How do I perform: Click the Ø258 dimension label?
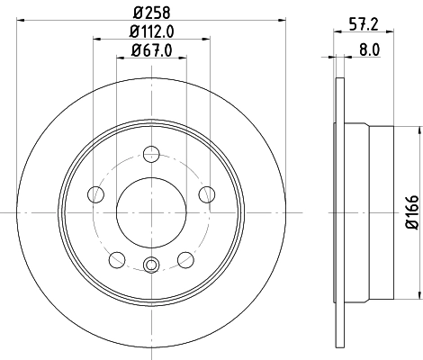(x=151, y=12)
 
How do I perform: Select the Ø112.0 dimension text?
(x=151, y=32)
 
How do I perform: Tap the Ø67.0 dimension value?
(x=151, y=51)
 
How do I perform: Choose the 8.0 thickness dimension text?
(x=368, y=51)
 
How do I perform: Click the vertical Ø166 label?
(x=409, y=213)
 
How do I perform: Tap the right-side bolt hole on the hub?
(x=207, y=193)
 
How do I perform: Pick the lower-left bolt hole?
(x=116, y=259)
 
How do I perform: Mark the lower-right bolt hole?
(x=185, y=259)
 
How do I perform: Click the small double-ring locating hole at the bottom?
(x=151, y=265)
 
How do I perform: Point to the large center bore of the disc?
(x=151, y=213)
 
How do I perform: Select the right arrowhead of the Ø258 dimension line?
(x=282, y=21)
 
